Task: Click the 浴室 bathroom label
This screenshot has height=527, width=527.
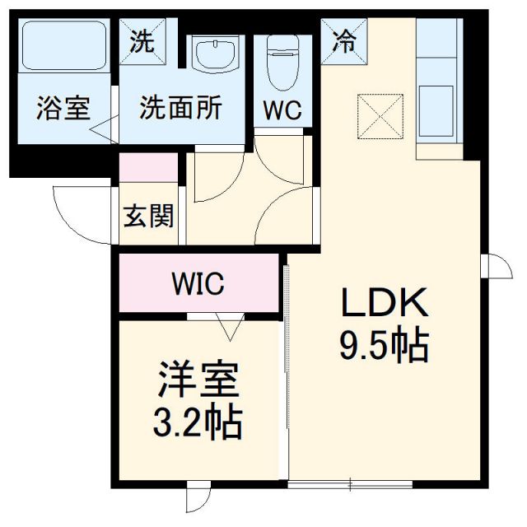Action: coord(63,109)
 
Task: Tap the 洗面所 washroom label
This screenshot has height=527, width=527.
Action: coord(180,108)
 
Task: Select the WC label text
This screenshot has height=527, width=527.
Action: coord(282,110)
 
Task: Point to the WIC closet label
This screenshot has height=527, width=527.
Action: coord(198,284)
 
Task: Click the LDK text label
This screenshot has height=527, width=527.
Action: coord(385,305)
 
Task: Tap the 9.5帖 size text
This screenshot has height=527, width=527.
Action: coord(385,346)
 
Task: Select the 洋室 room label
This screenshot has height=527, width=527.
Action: coord(198,381)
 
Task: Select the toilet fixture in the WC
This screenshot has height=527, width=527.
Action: coord(282,62)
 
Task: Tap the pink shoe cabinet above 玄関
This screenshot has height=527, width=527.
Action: coord(149,168)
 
